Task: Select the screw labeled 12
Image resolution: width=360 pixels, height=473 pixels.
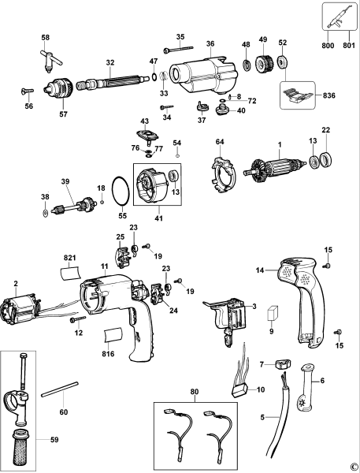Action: click(x=77, y=321)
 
